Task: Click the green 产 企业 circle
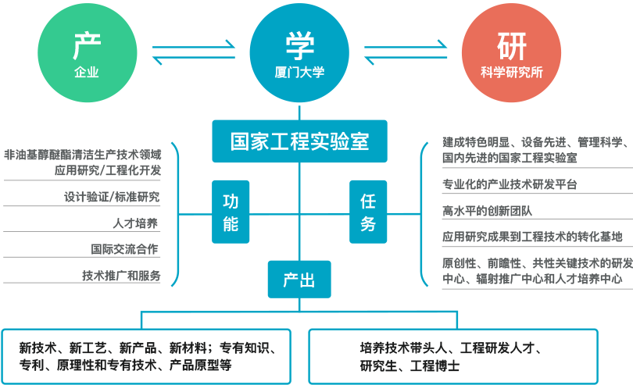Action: point(86,55)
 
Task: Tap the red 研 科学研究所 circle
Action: point(512,55)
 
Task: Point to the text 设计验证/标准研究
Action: point(113,197)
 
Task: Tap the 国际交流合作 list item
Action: point(125,250)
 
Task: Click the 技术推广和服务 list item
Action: point(121,276)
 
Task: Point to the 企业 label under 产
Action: point(86,72)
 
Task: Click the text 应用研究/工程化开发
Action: point(108,169)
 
